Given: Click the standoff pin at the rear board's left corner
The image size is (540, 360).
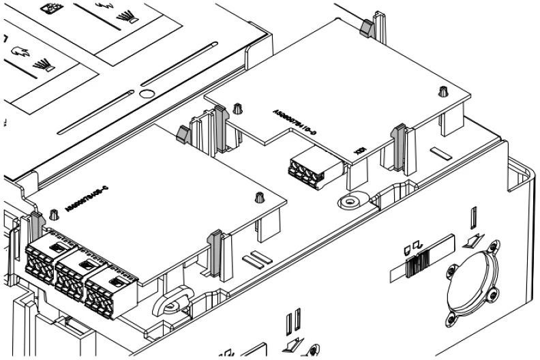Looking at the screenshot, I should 238,108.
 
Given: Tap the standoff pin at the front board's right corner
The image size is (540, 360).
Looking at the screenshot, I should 259,198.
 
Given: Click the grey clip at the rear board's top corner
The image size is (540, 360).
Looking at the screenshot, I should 365,28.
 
